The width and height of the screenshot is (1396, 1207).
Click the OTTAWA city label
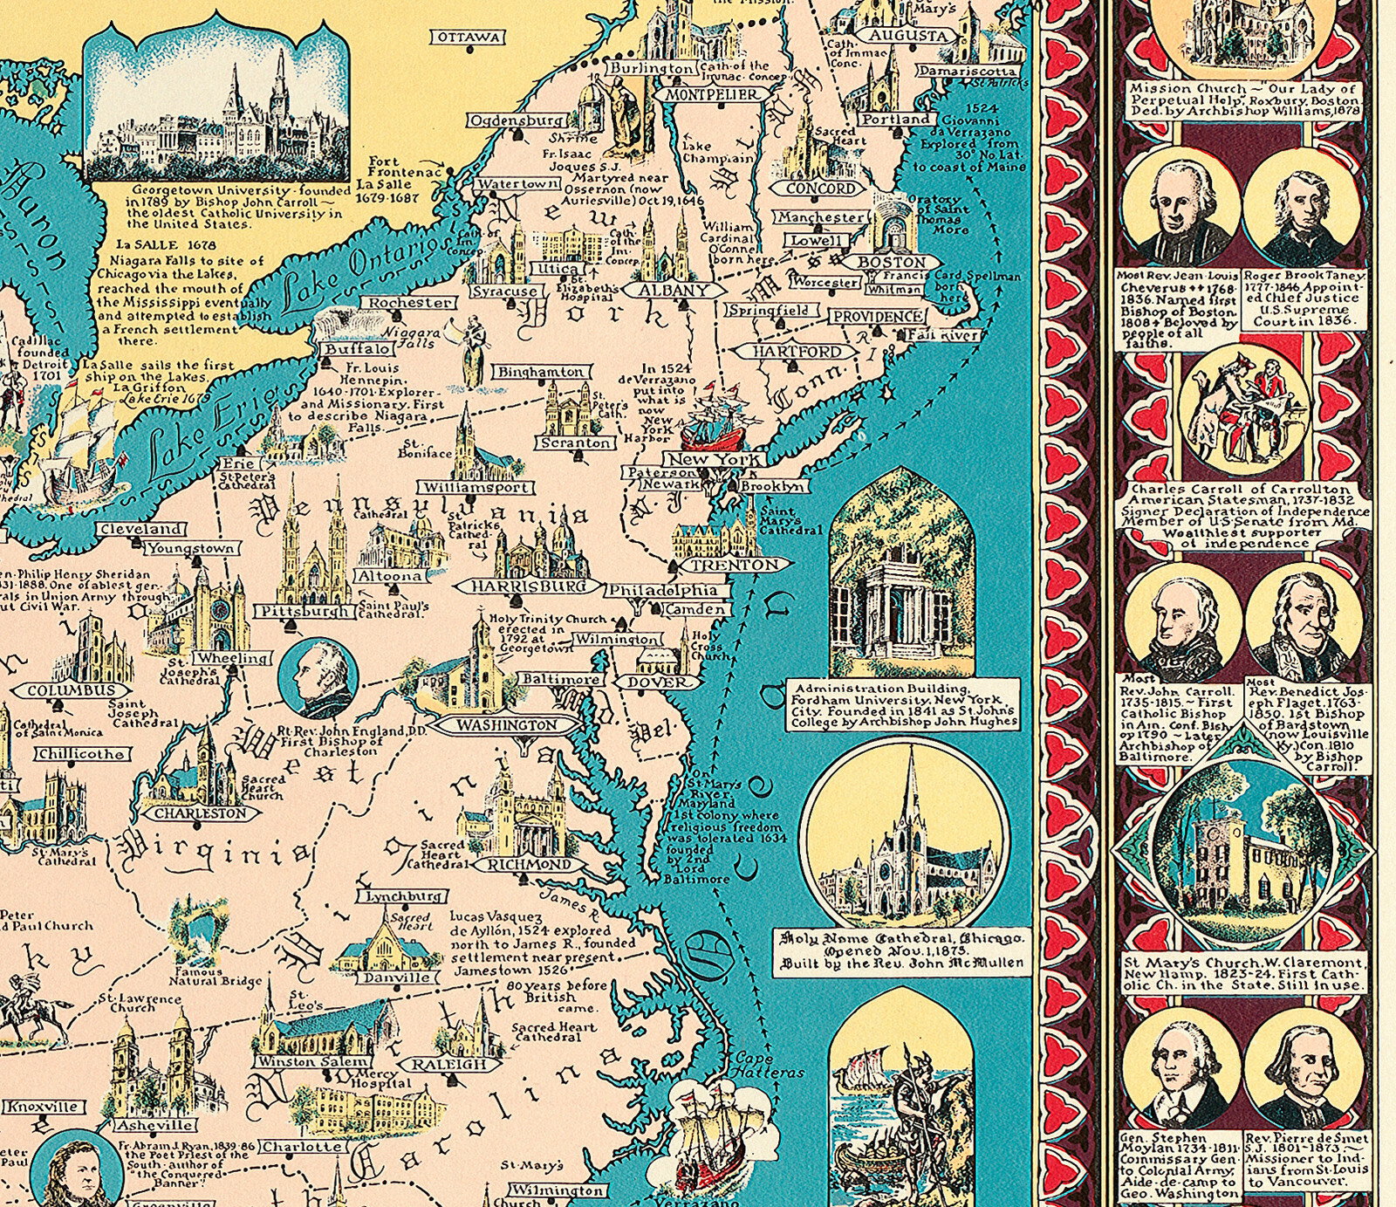[x=469, y=37]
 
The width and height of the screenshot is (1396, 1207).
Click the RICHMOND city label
[x=529, y=865]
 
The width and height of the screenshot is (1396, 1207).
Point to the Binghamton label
[x=541, y=372]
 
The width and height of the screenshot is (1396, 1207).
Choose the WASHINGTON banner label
[x=506, y=725]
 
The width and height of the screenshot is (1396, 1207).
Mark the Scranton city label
[x=576, y=442]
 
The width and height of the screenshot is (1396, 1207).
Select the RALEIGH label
[x=448, y=1065]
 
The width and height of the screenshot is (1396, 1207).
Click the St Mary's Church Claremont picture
[x=1243, y=855]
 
